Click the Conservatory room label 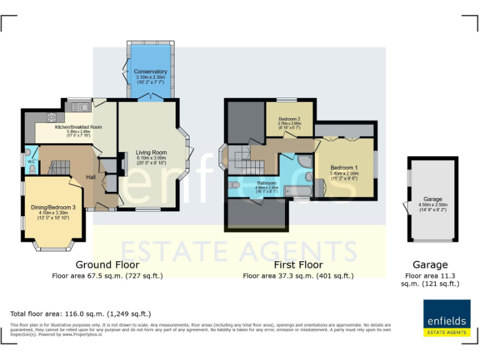click(x=151, y=72)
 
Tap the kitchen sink click(x=80, y=107)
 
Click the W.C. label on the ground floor click(x=31, y=162)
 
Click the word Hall click(x=91, y=176)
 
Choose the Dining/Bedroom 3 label click(x=53, y=207)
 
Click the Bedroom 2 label click(x=289, y=119)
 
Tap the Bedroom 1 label click(x=344, y=168)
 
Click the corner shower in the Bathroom click(x=304, y=161)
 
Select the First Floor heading click(x=298, y=265)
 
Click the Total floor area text click(x=81, y=314)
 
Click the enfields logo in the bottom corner click(x=446, y=317)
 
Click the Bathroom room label click(x=267, y=183)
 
